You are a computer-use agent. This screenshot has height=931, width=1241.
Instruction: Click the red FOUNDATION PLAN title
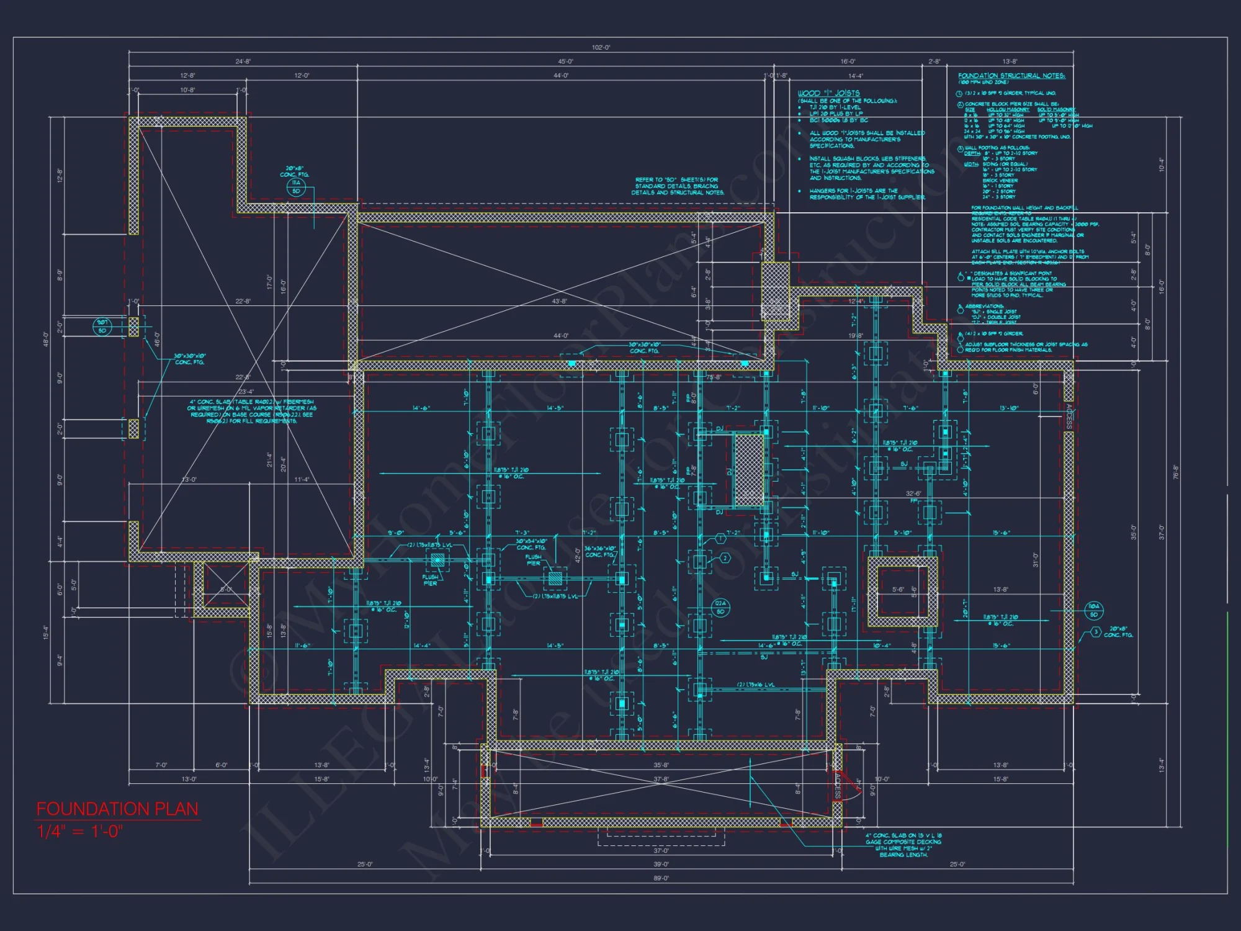pos(117,809)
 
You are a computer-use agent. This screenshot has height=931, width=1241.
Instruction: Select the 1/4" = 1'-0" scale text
pos(80,832)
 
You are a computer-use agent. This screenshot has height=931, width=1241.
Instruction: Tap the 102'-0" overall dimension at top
pos(601,48)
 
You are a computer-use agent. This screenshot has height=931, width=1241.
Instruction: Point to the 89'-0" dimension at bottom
pos(661,878)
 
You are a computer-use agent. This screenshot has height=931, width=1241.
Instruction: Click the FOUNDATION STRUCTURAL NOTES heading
pos(1011,76)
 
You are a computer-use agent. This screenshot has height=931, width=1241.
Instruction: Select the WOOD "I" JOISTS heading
pos(828,93)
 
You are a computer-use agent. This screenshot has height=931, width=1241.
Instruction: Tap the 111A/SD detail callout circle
pos(296,187)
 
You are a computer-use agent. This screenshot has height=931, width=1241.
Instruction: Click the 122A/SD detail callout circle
pos(720,608)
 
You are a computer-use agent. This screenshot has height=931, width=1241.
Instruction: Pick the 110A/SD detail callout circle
pos(1094,610)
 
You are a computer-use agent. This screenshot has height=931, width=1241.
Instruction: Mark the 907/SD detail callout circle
pos(102,326)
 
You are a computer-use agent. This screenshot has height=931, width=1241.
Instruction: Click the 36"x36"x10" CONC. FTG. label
pos(600,552)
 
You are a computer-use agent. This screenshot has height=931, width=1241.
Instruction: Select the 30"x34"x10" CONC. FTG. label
pos(531,544)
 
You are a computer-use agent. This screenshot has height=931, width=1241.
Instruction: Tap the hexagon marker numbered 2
pos(725,558)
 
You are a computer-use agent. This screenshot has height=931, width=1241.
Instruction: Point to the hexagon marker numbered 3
pos(1096,632)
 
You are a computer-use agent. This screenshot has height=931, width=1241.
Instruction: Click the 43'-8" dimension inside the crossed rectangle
pos(559,301)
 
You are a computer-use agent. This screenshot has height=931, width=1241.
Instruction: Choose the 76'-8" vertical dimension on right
pos(1175,472)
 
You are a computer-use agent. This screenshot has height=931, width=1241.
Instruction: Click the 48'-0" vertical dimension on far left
pos(46,339)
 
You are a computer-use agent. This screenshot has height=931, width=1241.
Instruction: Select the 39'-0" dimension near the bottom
pos(661,864)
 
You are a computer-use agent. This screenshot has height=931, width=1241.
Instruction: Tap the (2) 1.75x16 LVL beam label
pos(755,685)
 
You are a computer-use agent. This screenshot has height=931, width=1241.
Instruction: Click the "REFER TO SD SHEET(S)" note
pos(677,186)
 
